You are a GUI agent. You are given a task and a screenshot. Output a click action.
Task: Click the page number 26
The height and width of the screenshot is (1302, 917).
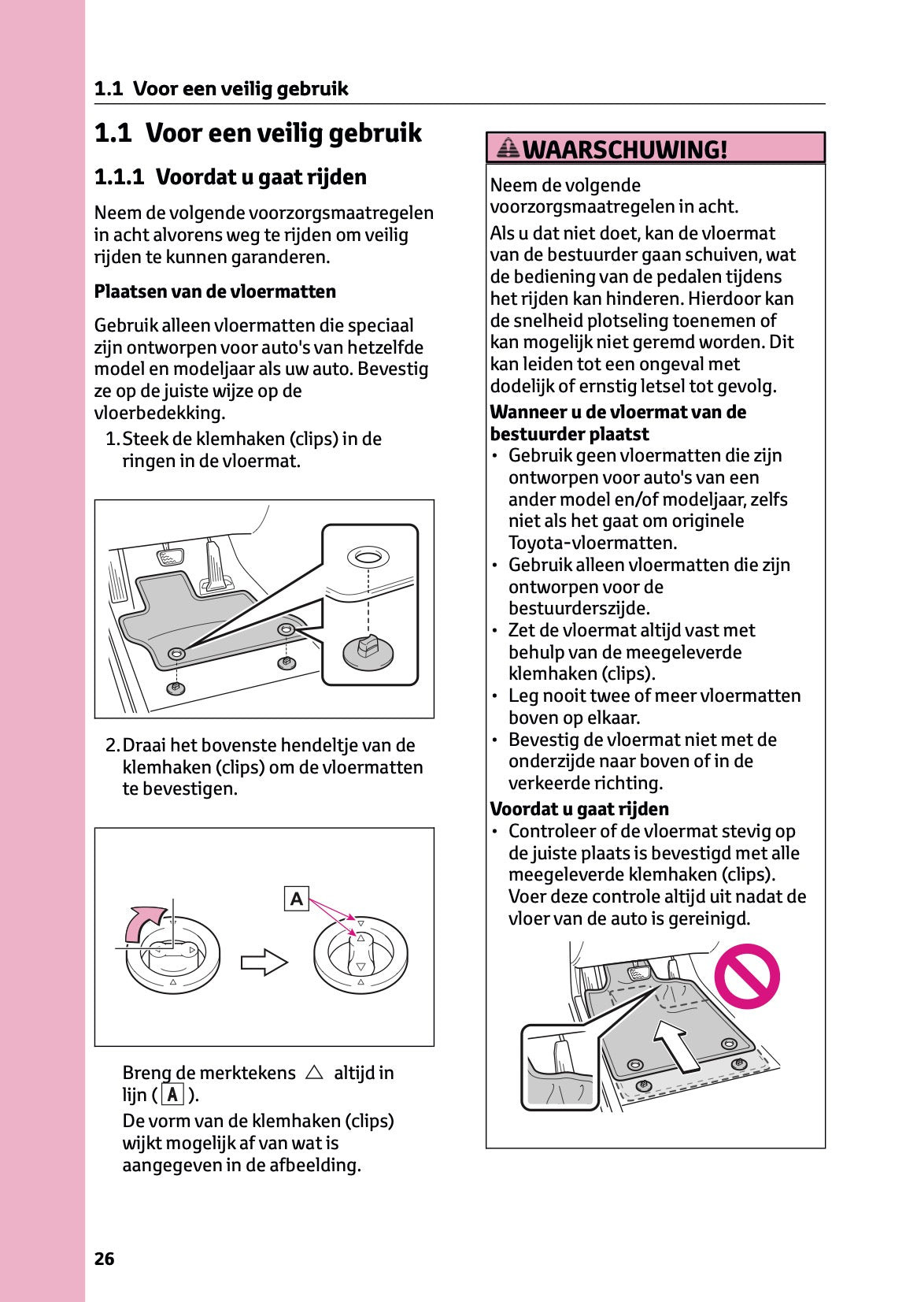click(104, 1259)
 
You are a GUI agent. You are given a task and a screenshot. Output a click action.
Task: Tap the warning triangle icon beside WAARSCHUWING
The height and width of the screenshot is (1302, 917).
click(509, 147)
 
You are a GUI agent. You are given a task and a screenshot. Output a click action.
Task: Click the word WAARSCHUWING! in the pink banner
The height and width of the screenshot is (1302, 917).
click(624, 149)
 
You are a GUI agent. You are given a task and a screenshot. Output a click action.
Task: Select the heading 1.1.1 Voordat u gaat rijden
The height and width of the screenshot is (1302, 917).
click(230, 176)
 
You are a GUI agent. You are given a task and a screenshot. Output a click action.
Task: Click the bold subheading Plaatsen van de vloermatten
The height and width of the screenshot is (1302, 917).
click(215, 291)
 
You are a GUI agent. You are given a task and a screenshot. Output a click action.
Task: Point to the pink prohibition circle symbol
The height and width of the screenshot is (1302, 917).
click(746, 976)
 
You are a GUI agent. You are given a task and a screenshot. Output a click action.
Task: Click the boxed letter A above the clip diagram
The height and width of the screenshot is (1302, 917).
click(296, 898)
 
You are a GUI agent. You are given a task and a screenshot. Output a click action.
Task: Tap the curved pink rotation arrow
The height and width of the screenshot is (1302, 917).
click(146, 921)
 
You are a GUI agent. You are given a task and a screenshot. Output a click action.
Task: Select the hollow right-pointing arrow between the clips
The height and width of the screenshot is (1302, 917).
click(264, 962)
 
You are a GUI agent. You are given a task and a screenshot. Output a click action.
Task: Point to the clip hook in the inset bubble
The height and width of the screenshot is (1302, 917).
click(368, 649)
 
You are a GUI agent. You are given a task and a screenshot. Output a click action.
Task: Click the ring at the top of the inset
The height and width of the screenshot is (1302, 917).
click(368, 558)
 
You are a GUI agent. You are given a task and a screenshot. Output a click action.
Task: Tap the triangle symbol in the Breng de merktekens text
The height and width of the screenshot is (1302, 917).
click(314, 1072)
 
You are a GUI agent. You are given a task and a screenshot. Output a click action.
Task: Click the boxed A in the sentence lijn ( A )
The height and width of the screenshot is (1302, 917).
click(172, 1095)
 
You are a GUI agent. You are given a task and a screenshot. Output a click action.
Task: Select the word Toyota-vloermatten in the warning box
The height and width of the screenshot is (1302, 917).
click(592, 543)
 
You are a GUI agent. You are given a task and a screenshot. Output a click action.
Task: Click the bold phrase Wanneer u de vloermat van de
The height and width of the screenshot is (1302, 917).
click(618, 412)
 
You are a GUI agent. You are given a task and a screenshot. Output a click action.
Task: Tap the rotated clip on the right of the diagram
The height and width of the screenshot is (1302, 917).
click(361, 954)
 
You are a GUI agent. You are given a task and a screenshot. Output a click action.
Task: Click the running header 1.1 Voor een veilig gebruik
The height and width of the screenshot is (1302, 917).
click(221, 88)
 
